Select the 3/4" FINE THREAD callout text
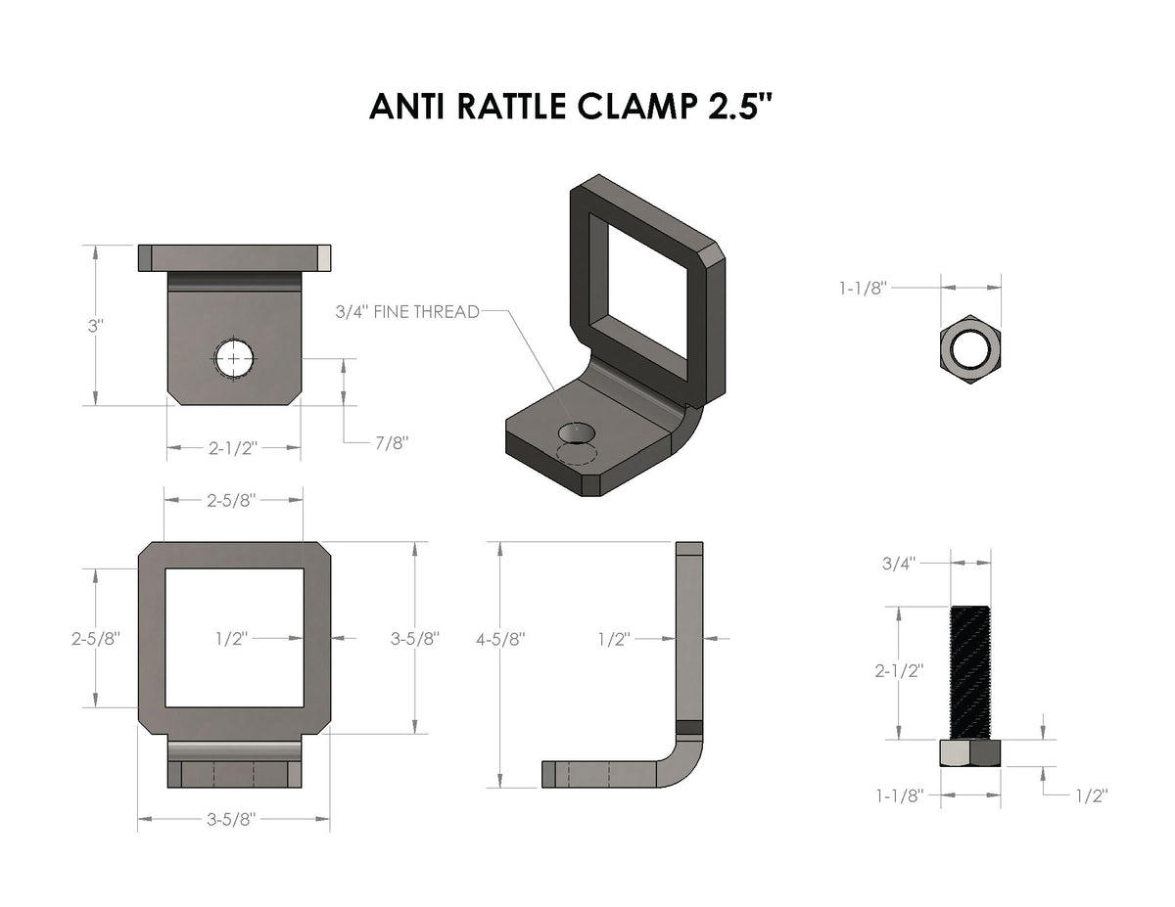[406, 312]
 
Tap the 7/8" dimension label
[391, 443]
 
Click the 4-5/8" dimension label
[499, 639]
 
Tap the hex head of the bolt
[969, 753]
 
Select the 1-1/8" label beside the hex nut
[862, 288]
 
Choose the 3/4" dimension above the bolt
[901, 563]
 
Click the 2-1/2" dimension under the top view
[233, 448]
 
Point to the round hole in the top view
[234, 359]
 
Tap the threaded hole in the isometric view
[576, 433]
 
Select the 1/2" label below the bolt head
[1089, 796]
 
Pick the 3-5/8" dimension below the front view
[232, 820]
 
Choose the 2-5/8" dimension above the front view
[232, 500]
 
